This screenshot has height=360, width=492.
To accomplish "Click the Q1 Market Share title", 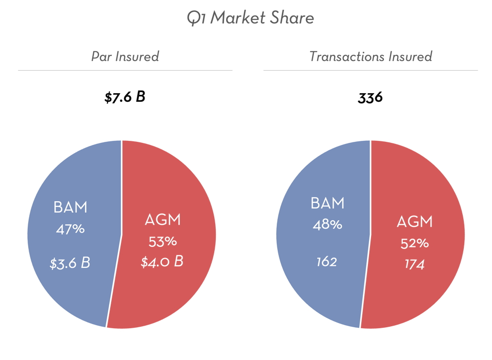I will [x=250, y=18].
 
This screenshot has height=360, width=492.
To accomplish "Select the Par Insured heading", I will [x=125, y=56].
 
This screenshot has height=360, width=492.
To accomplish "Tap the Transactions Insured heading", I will [x=371, y=56].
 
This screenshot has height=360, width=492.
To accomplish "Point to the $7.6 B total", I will [x=125, y=96].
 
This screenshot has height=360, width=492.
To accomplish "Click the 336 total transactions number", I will [x=371, y=97].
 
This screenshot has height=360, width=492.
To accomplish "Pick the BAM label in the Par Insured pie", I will [x=70, y=207].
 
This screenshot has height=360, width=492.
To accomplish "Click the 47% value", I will [x=70, y=229].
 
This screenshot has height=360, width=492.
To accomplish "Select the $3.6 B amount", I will [x=70, y=263].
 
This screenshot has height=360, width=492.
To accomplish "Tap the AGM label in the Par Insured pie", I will [x=163, y=221].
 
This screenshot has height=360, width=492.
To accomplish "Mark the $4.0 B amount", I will [x=162, y=261].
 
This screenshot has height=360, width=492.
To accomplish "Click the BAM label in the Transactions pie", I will [x=327, y=203].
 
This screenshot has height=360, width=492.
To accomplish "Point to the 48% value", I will [x=327, y=224].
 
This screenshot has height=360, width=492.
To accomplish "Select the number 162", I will [x=326, y=262].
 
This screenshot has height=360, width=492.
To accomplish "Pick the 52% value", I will [x=415, y=243].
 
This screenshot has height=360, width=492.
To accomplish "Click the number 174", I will [x=414, y=264].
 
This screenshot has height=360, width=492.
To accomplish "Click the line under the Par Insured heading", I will [x=125, y=70].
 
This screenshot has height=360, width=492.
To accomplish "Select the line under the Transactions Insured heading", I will [x=371, y=70].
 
